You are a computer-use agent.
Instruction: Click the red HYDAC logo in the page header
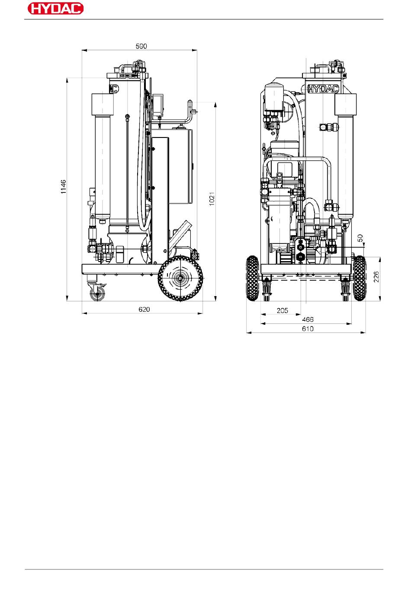[x=55, y=8]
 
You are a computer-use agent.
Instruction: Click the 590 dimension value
[x=141, y=46]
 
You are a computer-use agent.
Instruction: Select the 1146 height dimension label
[x=63, y=187]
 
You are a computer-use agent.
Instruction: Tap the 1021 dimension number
[x=212, y=199]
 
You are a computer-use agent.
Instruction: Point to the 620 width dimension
[x=144, y=309]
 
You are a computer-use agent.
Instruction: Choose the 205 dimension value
[x=282, y=310]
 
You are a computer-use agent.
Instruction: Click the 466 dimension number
[x=308, y=320]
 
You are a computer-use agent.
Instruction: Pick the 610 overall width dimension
[x=308, y=329]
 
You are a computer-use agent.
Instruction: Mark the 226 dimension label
[x=376, y=277]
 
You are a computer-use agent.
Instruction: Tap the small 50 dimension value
[x=360, y=238]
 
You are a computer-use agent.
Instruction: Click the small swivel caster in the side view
[x=97, y=292]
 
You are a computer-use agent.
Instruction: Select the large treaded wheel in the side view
[x=180, y=278]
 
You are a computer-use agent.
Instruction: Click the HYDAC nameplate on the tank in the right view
[x=323, y=89]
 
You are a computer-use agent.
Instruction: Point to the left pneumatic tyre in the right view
[x=253, y=278]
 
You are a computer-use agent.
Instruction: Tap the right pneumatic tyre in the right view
[x=360, y=278]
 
